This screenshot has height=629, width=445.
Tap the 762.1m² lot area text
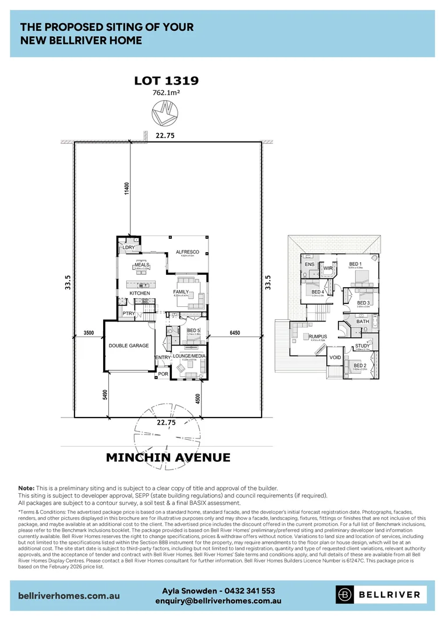167,92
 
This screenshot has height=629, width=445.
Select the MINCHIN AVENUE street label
168,457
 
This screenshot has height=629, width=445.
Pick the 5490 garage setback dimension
105,395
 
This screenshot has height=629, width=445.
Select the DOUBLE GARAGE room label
129,345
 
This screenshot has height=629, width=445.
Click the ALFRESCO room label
188,252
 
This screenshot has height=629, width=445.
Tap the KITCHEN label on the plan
140,293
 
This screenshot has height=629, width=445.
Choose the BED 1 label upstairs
355,264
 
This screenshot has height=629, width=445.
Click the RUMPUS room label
318,336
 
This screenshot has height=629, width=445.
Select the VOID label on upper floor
335,357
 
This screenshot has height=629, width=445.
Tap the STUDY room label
362,346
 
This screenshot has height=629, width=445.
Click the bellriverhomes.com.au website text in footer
69,596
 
